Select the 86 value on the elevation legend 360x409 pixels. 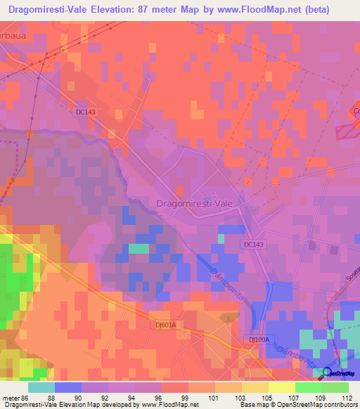pos(26,397)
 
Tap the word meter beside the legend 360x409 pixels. pos(11,397)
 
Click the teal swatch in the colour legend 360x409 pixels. pos(41,387)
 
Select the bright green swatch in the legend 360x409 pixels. pos(308,387)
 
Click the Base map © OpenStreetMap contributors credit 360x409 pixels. pos(298,405)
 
